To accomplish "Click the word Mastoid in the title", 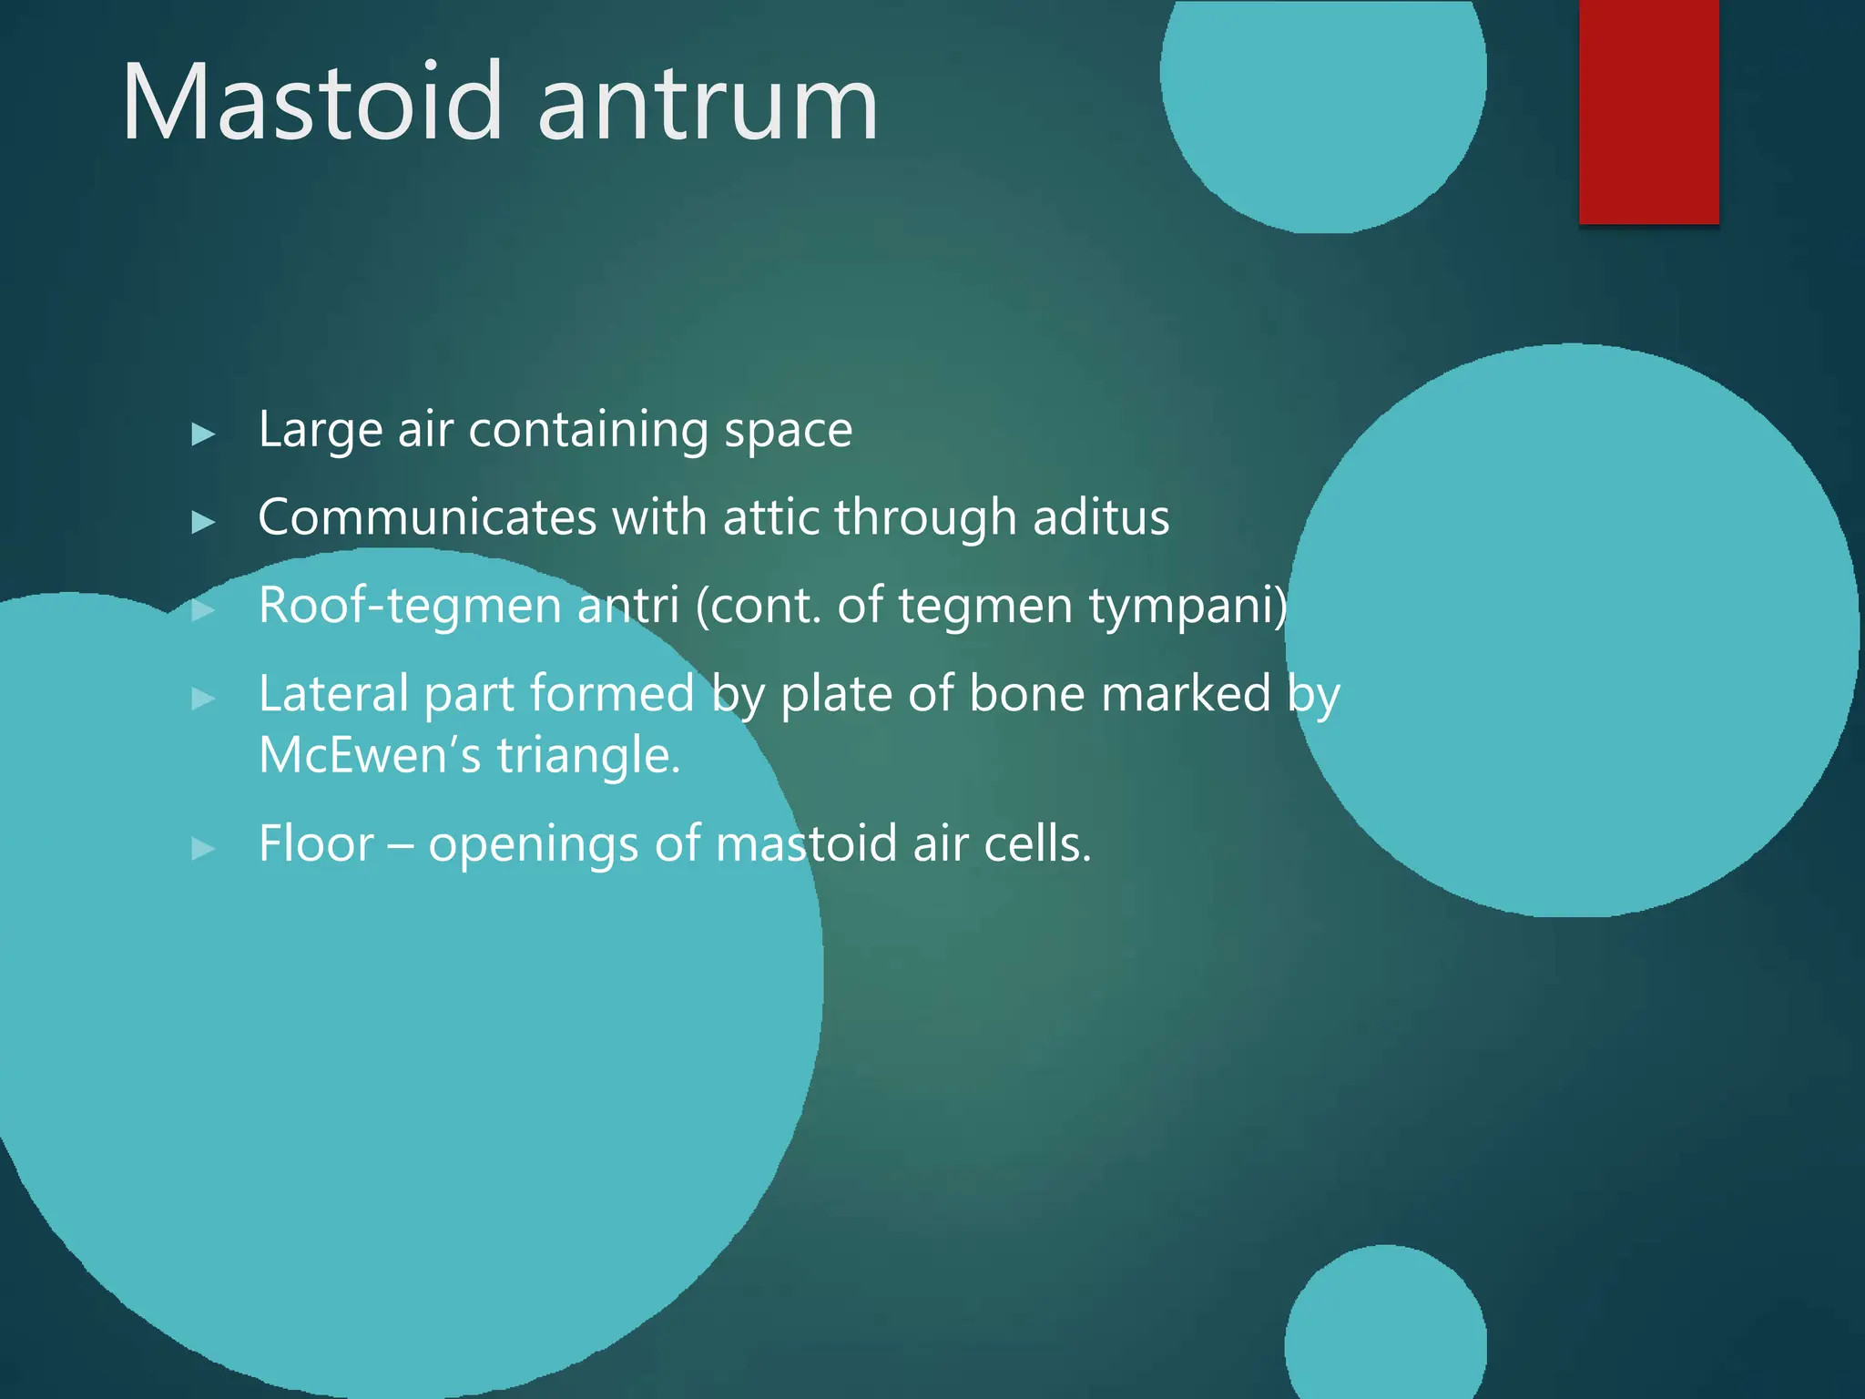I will pyautogui.click(x=312, y=102).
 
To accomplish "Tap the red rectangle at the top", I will pyautogui.click(x=1648, y=111).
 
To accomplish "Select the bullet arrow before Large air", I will pyautogui.click(x=203, y=434).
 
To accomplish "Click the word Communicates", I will pyautogui.click(x=427, y=517).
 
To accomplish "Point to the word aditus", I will pyautogui.click(x=1100, y=517).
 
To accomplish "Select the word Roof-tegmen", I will pyautogui.click(x=410, y=607).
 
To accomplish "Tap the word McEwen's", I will pyautogui.click(x=369, y=755).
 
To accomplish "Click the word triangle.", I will pyautogui.click(x=588, y=757).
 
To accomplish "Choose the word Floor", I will pyautogui.click(x=316, y=843).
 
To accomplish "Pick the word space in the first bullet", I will pyautogui.click(x=788, y=432).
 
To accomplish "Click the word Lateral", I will pyautogui.click(x=333, y=694).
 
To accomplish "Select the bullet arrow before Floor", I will pyautogui.click(x=203, y=849).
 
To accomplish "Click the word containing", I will pyautogui.click(x=587, y=430).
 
